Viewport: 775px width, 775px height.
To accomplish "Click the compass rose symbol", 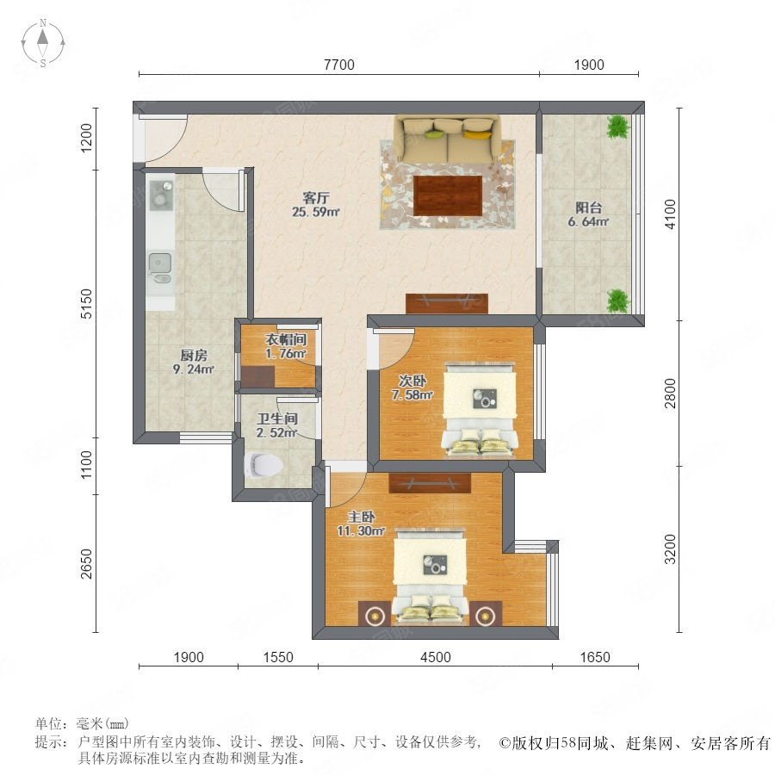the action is pyautogui.click(x=43, y=43).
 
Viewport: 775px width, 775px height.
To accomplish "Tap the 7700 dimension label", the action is pyautogui.click(x=339, y=65).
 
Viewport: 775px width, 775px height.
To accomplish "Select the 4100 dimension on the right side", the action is pyautogui.click(x=670, y=214).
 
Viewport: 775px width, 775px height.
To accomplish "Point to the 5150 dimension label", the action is pyautogui.click(x=86, y=303).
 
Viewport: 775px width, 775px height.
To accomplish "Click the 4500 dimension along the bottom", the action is pyautogui.click(x=436, y=657).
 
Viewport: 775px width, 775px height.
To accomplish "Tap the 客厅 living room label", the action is pyautogui.click(x=316, y=198).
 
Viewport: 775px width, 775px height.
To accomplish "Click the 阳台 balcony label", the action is pyautogui.click(x=588, y=208).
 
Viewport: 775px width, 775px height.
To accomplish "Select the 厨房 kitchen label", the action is pyautogui.click(x=193, y=355).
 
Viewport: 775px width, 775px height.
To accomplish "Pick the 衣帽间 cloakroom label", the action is pyautogui.click(x=286, y=339).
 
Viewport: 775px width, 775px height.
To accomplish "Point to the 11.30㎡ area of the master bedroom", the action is pyautogui.click(x=360, y=531).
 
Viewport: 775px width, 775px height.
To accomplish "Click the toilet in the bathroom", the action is pyautogui.click(x=263, y=465).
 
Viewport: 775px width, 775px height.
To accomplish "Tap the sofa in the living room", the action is pyautogui.click(x=447, y=139).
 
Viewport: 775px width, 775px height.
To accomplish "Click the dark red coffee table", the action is pyautogui.click(x=448, y=195).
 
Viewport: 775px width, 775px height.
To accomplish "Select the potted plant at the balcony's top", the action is pyautogui.click(x=618, y=127).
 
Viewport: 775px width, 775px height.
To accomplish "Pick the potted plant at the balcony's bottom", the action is pyautogui.click(x=617, y=301).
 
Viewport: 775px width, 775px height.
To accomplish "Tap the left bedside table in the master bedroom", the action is pyautogui.click(x=375, y=614).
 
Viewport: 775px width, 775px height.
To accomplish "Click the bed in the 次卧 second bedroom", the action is pyautogui.click(x=480, y=409).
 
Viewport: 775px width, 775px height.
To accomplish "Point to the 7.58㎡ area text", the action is pyautogui.click(x=412, y=395).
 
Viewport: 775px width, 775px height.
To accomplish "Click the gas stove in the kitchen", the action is pyautogui.click(x=161, y=195).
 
